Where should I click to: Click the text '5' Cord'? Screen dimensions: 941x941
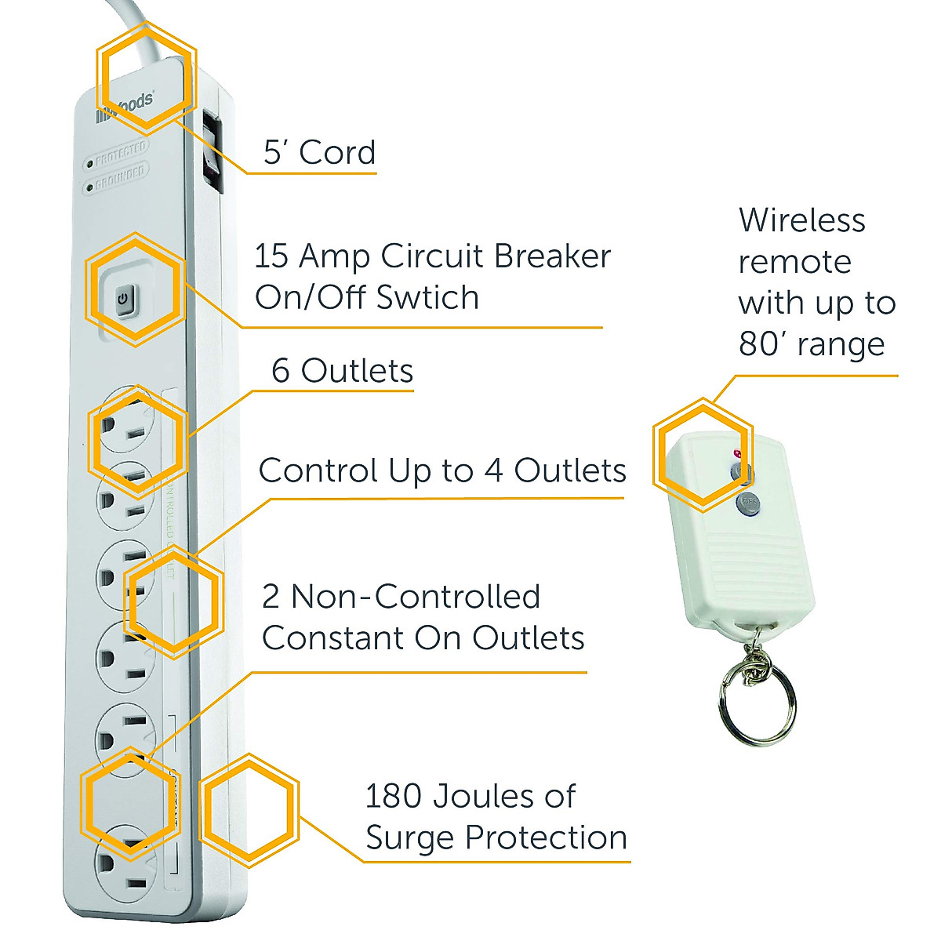tap(319, 152)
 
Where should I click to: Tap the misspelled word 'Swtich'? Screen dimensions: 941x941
tap(427, 298)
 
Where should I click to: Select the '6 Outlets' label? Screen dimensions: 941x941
tap(342, 371)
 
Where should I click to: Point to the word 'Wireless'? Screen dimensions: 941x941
tap(801, 220)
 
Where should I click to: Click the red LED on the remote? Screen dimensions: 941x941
tap(736, 454)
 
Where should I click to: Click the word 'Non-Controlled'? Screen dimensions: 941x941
tap(416, 597)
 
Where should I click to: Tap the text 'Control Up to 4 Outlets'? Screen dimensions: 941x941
tap(442, 470)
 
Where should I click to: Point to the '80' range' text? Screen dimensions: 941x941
tap(812, 343)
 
